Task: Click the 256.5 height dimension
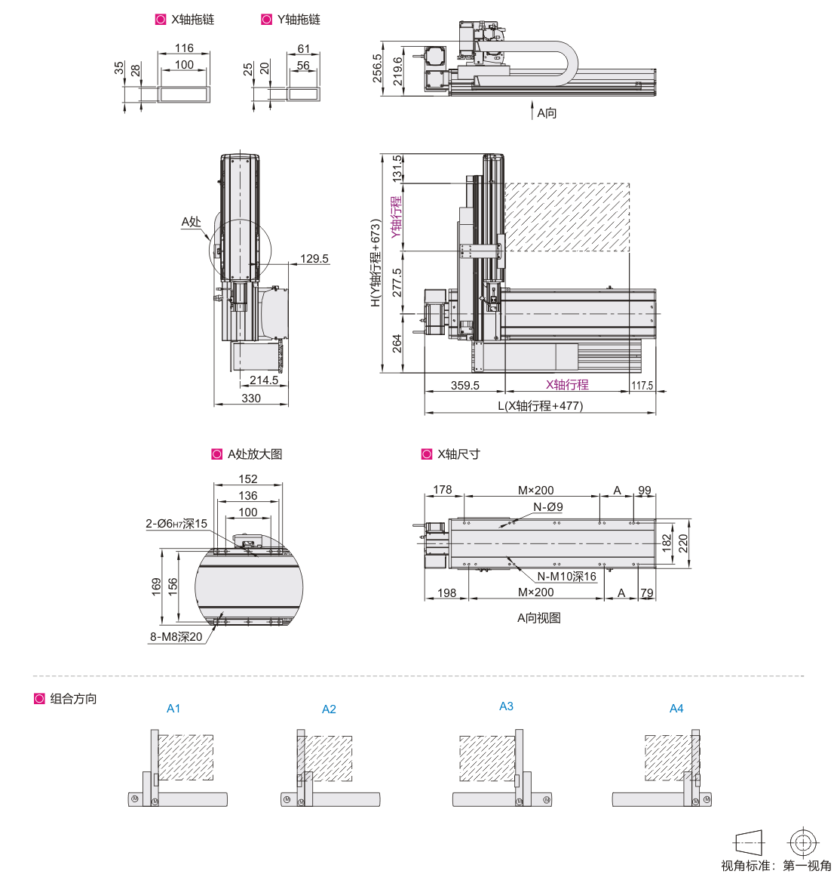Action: (x=377, y=68)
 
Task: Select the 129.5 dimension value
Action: (x=314, y=258)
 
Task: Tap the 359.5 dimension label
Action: (x=465, y=385)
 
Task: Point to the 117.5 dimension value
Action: (x=642, y=385)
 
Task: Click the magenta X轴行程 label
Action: (x=567, y=384)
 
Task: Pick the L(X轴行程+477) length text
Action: (x=541, y=405)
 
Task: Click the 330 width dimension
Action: (x=251, y=398)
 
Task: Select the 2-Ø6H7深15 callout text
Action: (x=176, y=524)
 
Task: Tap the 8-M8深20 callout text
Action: (x=176, y=636)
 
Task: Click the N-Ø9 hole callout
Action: (x=547, y=506)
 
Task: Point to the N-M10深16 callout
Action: (x=566, y=576)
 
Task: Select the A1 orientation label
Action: (x=173, y=708)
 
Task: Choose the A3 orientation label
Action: (x=506, y=706)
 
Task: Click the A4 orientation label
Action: (x=676, y=708)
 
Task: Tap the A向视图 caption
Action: (x=538, y=617)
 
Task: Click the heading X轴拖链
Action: (x=192, y=19)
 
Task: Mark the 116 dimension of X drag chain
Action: (x=184, y=48)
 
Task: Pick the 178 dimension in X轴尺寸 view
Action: (x=442, y=489)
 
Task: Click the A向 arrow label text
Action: (x=547, y=113)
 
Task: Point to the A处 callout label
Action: (x=191, y=221)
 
